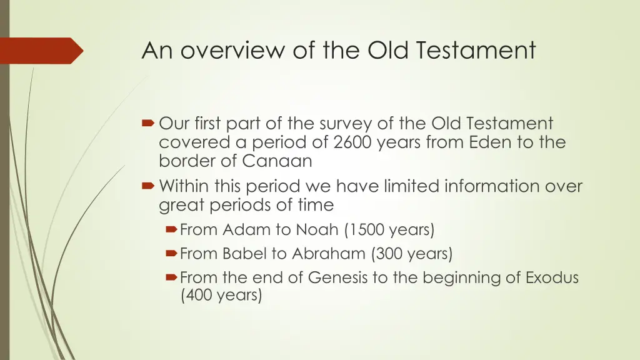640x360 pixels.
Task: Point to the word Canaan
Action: click(x=277, y=161)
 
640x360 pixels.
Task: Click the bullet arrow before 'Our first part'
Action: click(x=149, y=124)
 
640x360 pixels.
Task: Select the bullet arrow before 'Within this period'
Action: click(x=149, y=186)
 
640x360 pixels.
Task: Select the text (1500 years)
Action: click(x=389, y=230)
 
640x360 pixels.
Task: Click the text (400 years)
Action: click(x=220, y=295)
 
